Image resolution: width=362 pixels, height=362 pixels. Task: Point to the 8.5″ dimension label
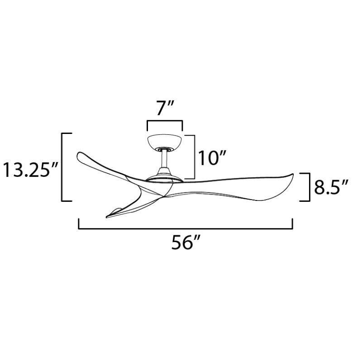(331, 187)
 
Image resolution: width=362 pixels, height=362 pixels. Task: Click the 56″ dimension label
(185, 243)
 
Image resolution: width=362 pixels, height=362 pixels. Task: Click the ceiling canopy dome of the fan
(164, 142)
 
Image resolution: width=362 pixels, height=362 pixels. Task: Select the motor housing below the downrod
(164, 176)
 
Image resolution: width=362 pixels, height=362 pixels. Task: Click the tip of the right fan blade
(293, 174)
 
